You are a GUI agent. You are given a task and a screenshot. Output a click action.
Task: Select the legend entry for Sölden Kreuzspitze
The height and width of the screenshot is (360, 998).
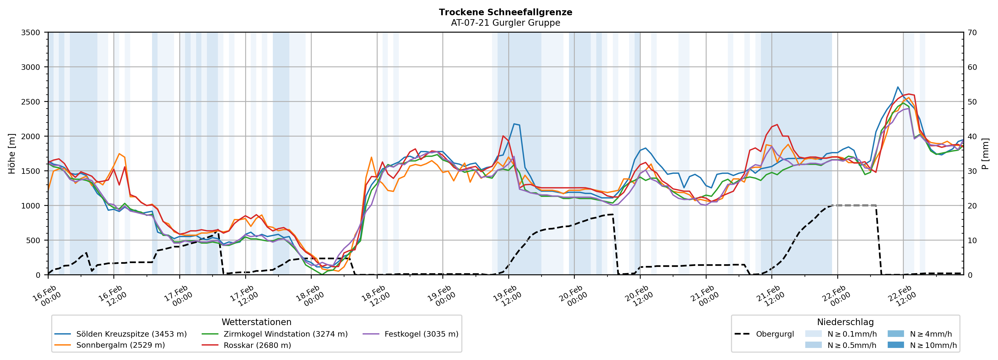(x=131, y=334)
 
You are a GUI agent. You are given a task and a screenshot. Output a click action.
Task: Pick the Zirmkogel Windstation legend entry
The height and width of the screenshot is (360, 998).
(x=285, y=334)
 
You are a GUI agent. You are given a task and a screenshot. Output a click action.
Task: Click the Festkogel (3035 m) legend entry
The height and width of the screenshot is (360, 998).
(x=421, y=334)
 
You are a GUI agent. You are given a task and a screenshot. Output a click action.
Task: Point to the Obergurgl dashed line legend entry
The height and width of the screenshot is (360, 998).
(x=775, y=334)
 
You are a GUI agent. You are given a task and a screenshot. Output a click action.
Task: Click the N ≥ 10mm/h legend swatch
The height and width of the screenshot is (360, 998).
(x=896, y=345)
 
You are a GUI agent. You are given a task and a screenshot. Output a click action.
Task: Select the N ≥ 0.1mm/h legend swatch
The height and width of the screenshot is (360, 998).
(x=813, y=334)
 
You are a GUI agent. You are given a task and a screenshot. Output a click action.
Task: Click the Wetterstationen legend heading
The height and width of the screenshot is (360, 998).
(x=257, y=322)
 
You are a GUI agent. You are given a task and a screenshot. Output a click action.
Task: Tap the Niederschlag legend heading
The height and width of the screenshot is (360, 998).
(x=845, y=322)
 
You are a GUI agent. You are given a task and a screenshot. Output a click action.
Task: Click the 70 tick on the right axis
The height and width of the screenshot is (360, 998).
(x=973, y=33)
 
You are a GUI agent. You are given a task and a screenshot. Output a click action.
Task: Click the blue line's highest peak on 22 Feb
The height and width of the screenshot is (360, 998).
(x=898, y=87)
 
